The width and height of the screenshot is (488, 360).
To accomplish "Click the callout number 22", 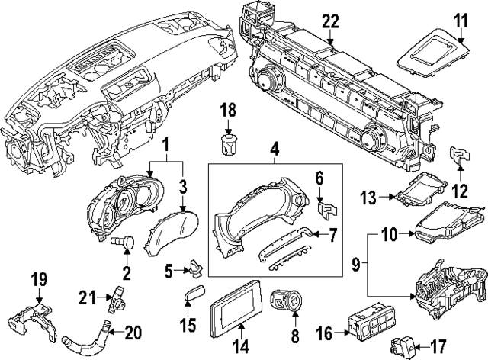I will pyautogui.click(x=329, y=21).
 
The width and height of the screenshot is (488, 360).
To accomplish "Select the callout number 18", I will pyautogui.click(x=230, y=111).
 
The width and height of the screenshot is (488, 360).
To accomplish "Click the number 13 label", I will pyautogui.click(x=368, y=198).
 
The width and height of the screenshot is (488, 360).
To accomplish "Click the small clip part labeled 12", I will pyautogui.click(x=460, y=156).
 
